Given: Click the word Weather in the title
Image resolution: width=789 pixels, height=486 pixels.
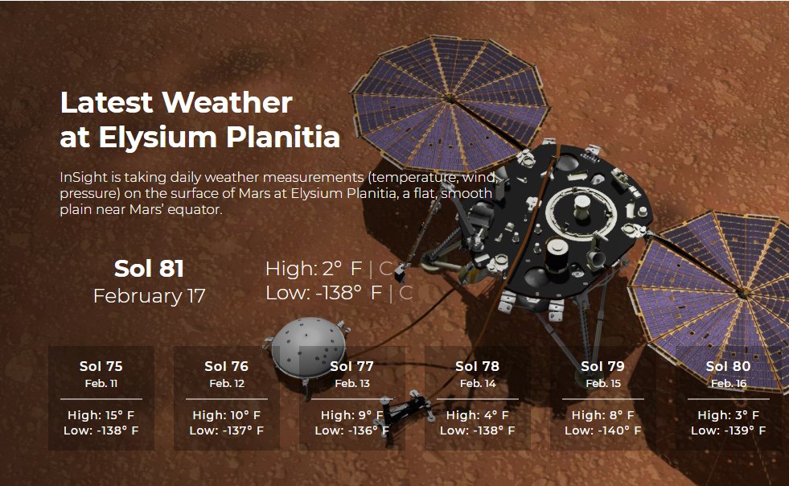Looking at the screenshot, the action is [227, 103].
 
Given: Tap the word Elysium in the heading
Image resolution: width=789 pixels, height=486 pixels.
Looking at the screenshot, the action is [158, 137].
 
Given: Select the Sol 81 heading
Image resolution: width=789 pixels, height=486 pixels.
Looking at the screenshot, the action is [149, 269].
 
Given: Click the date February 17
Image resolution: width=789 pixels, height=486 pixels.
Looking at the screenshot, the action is [150, 295].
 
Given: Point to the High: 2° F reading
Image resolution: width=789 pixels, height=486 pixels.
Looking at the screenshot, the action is [314, 269].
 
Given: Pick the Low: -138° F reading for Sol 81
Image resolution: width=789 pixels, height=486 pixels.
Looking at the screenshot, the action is [323, 293].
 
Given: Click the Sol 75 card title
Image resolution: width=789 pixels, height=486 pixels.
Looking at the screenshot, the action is [101, 366].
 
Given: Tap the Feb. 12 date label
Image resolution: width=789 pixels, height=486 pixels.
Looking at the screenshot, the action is [227, 383].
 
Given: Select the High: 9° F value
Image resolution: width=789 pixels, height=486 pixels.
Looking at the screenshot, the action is [352, 415].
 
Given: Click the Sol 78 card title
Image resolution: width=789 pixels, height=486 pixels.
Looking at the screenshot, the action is [477, 366].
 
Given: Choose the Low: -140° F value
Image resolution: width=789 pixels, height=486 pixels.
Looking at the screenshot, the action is [603, 430].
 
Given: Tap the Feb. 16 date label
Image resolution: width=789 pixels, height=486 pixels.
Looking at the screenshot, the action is [729, 383].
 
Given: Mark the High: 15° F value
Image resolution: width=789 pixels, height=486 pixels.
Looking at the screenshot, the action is [101, 415].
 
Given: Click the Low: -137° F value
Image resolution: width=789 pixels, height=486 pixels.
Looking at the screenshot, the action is [227, 430].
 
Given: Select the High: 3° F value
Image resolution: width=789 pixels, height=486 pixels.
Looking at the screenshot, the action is [728, 415].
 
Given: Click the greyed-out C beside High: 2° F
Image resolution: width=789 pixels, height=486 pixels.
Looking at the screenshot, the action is [385, 269].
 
